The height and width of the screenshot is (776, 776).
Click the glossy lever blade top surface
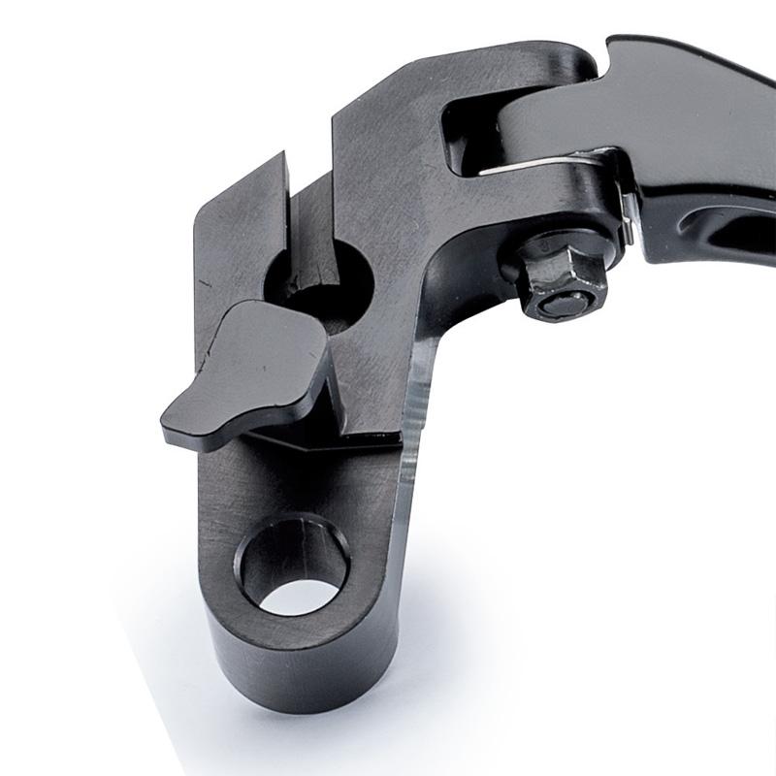[x=679, y=107]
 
